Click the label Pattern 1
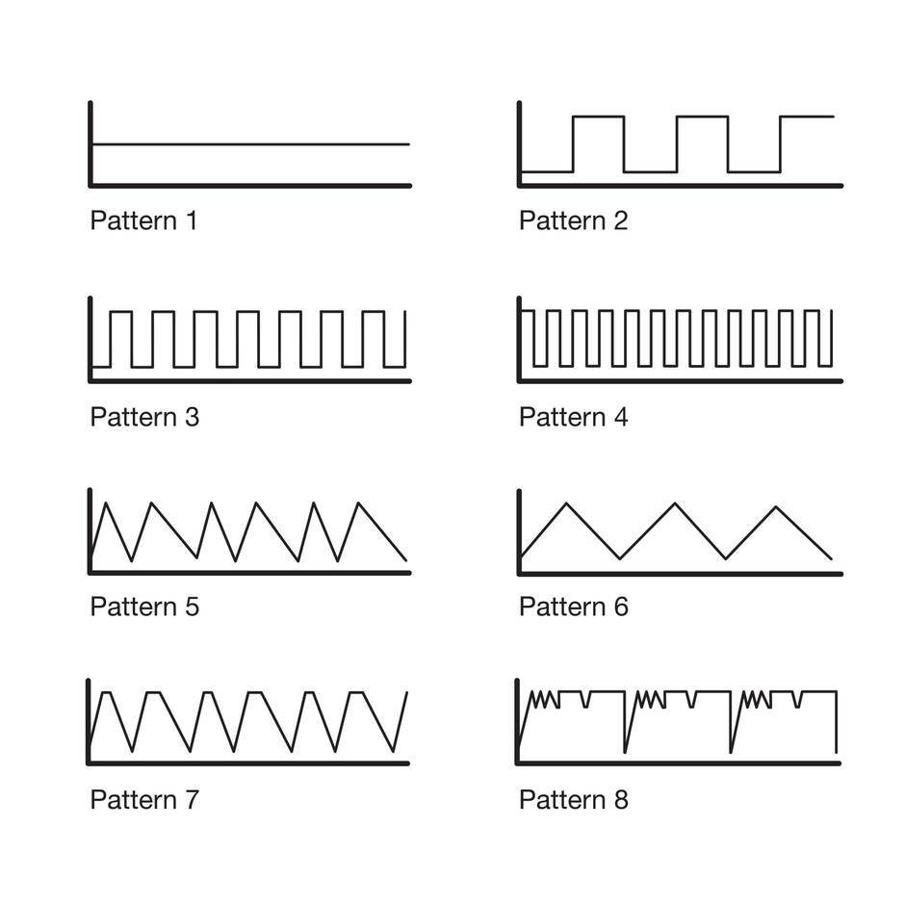(143, 220)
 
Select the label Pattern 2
(573, 220)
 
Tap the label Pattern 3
(144, 417)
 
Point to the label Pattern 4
(573, 417)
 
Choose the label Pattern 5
(144, 607)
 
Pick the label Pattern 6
(573, 607)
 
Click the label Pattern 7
(144, 799)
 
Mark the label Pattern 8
(573, 799)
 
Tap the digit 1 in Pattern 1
(191, 220)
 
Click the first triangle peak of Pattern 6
(567, 504)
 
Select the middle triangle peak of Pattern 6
(675, 504)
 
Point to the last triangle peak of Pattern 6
(778, 506)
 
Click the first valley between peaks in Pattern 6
(621, 557)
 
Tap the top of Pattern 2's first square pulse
(598, 116)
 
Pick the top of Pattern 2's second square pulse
(702, 116)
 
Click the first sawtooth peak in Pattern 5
(105, 503)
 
